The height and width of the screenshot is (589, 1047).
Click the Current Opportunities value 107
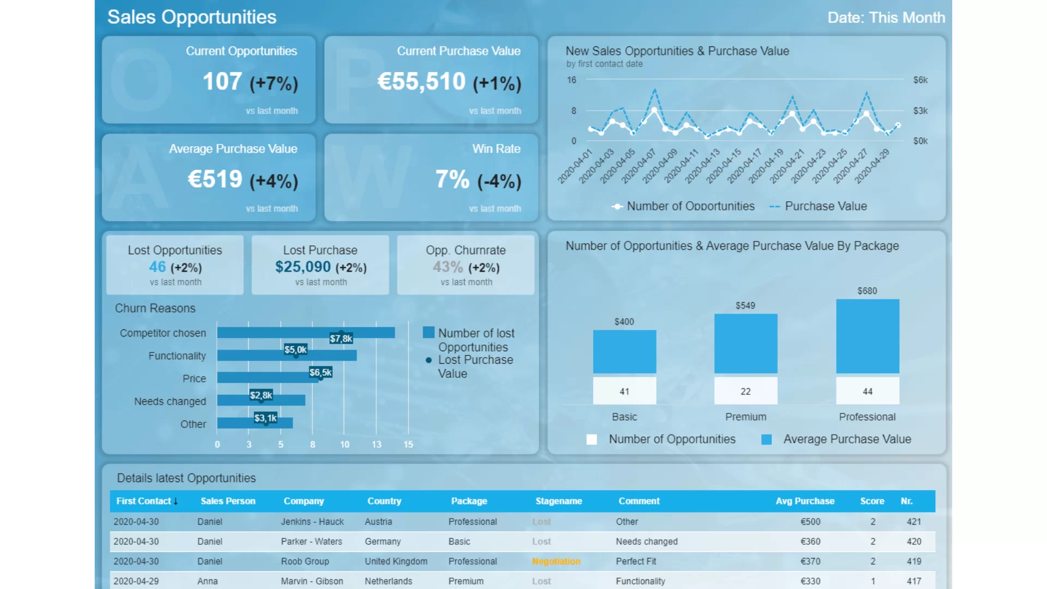(x=222, y=82)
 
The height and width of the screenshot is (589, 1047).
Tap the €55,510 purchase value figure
(x=421, y=82)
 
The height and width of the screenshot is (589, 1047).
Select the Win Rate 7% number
(x=452, y=179)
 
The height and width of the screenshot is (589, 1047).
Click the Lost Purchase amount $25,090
(x=303, y=267)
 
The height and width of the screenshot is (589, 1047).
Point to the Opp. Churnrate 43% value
(x=447, y=267)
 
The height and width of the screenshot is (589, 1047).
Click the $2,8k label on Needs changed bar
(x=261, y=395)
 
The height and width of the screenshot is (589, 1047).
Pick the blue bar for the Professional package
(x=867, y=336)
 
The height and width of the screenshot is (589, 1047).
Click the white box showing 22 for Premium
(x=745, y=391)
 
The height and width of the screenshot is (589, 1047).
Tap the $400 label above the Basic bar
(x=624, y=322)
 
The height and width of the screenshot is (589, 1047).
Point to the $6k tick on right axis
(x=920, y=80)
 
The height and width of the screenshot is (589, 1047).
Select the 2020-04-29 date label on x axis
(x=872, y=165)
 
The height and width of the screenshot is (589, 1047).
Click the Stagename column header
(x=558, y=501)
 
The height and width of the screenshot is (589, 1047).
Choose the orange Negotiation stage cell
(x=556, y=561)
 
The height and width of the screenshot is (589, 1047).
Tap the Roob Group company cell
(x=305, y=561)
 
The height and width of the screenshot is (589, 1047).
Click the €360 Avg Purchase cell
(x=810, y=542)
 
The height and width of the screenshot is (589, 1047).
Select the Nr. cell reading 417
(x=913, y=581)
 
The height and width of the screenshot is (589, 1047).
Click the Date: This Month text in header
(x=886, y=17)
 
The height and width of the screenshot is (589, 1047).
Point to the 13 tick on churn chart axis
(x=376, y=444)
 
